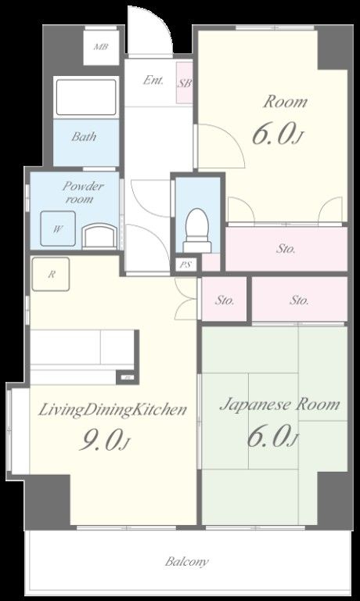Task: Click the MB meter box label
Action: tap(101, 47)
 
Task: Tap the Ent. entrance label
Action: tap(153, 80)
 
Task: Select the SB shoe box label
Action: tap(185, 83)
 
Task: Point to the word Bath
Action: tap(84, 136)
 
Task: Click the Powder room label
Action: tap(83, 193)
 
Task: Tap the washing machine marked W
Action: tap(59, 229)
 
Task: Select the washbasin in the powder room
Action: tap(100, 237)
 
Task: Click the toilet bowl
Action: tap(197, 230)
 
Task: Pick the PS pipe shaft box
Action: tap(186, 265)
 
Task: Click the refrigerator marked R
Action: tap(51, 274)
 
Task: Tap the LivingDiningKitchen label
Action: tap(113, 409)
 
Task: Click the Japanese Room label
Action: tap(279, 404)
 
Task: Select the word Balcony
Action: tap(187, 562)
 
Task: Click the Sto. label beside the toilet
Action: tap(286, 249)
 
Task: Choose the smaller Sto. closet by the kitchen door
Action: tap(224, 300)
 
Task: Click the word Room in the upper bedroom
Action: tap(285, 102)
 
